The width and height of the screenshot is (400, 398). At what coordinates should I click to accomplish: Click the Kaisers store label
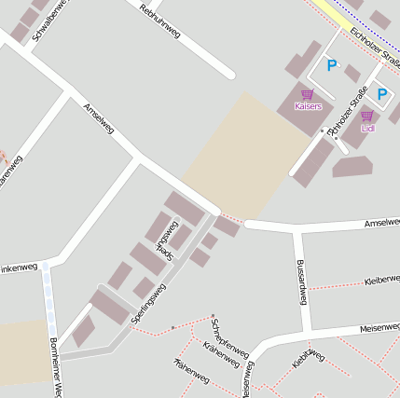(308, 107)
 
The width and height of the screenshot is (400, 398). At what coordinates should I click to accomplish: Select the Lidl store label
(367, 129)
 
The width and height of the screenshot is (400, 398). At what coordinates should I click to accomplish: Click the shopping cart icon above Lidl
(366, 116)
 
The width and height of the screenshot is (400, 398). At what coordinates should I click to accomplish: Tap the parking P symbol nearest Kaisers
(331, 65)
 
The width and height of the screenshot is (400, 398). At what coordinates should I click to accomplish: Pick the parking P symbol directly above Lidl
(381, 95)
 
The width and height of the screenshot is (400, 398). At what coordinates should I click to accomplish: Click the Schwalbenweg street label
(43, 21)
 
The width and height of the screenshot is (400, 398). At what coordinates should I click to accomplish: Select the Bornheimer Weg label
(53, 367)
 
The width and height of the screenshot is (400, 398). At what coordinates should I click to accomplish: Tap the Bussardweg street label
(300, 281)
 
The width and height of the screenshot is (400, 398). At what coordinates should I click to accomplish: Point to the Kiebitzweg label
(307, 358)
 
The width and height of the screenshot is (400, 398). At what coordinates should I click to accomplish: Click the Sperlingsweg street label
(148, 304)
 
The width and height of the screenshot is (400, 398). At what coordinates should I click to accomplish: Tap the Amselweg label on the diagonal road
(98, 118)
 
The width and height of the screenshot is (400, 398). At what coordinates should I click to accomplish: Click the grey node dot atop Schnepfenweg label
(214, 316)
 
